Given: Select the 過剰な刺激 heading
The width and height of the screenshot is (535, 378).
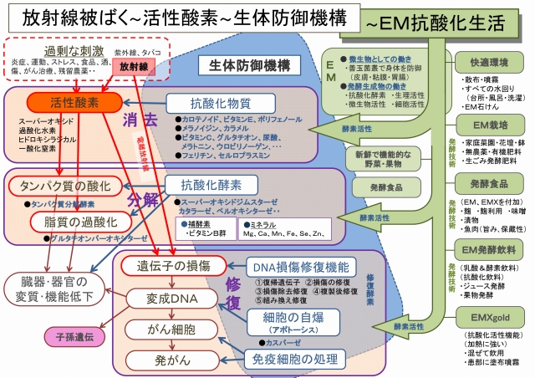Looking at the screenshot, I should point(55,49).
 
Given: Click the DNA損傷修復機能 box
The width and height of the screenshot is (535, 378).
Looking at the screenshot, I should point(300,266).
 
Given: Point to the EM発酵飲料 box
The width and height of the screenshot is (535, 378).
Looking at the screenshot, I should point(489,250).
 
